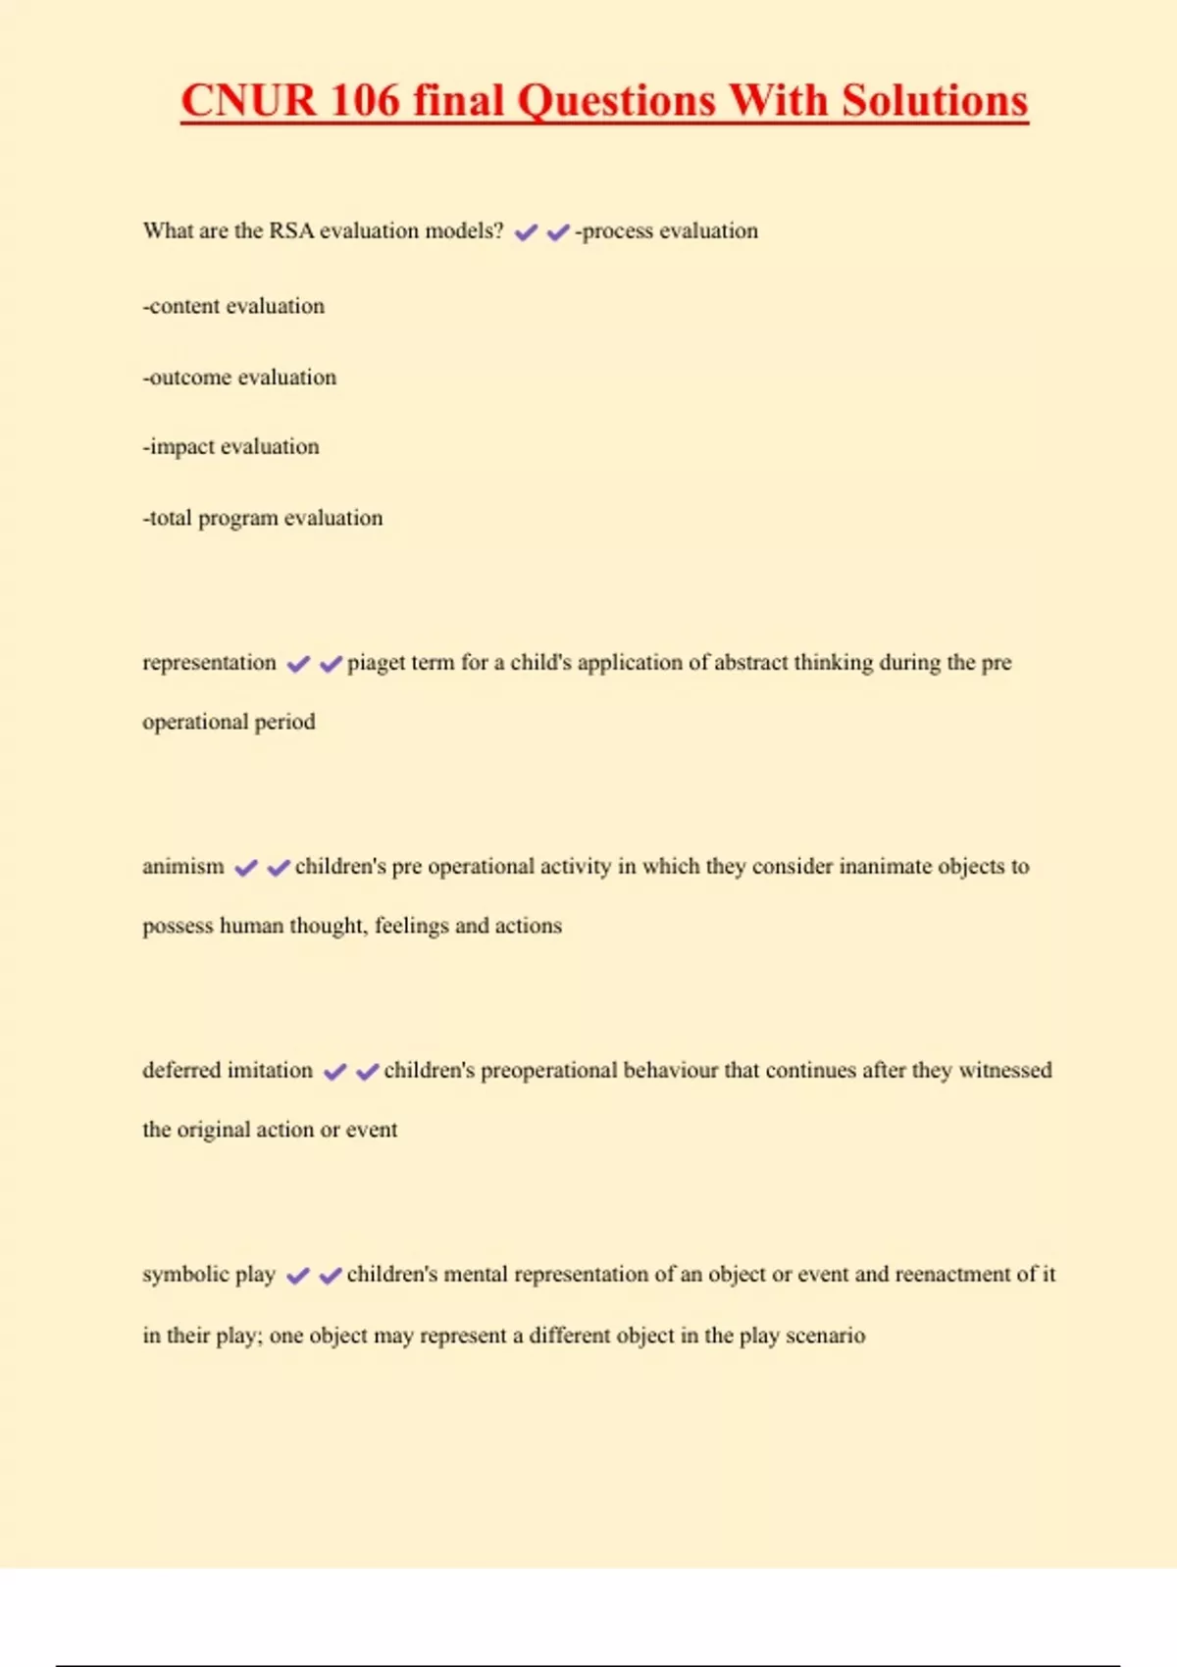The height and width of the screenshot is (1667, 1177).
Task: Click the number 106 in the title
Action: [365, 101]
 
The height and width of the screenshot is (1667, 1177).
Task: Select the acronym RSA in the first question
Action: [291, 231]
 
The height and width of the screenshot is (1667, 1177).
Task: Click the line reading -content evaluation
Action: [233, 306]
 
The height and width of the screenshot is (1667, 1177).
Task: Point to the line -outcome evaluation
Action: [239, 378]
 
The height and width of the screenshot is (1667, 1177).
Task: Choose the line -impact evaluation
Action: [230, 447]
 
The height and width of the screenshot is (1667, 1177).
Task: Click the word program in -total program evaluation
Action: [237, 519]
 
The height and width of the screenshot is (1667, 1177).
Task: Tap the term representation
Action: [209, 663]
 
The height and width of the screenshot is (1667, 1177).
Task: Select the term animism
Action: [183, 867]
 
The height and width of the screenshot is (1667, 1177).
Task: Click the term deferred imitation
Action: [228, 1071]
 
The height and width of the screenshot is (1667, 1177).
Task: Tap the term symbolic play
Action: [209, 1275]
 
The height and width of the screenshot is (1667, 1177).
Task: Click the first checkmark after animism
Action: [246, 868]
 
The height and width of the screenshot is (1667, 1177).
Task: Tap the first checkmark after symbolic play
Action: [298, 1276]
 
